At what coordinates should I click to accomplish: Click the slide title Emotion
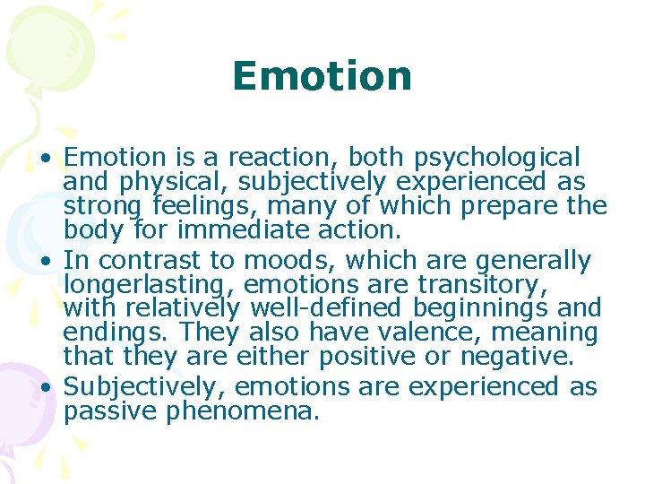tap(322, 76)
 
